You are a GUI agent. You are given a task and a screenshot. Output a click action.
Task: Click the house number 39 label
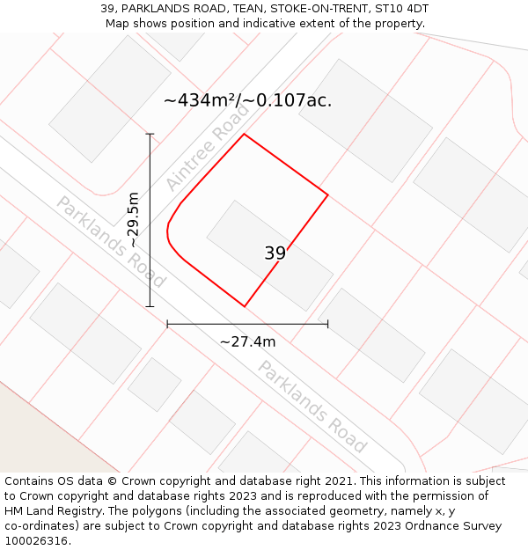[275, 253]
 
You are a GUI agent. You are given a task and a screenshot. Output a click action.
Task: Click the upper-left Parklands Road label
[111, 242]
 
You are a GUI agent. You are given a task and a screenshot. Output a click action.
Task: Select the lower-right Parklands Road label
[312, 406]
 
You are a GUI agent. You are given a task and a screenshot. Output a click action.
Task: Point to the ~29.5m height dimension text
[133, 220]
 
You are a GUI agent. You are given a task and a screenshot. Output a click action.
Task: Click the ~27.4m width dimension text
[247, 341]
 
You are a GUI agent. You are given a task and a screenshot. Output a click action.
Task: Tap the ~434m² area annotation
[247, 100]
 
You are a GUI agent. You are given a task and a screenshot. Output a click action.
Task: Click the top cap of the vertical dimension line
[150, 134]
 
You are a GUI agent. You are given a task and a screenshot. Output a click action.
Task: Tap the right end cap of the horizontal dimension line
[327, 324]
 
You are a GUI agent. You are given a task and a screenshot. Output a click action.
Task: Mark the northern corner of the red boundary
[244, 134]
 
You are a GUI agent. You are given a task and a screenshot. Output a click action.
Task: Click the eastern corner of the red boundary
[328, 194]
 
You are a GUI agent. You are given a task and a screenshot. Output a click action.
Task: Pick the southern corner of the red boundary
[245, 306]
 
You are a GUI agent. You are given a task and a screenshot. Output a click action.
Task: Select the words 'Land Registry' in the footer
[68, 510]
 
